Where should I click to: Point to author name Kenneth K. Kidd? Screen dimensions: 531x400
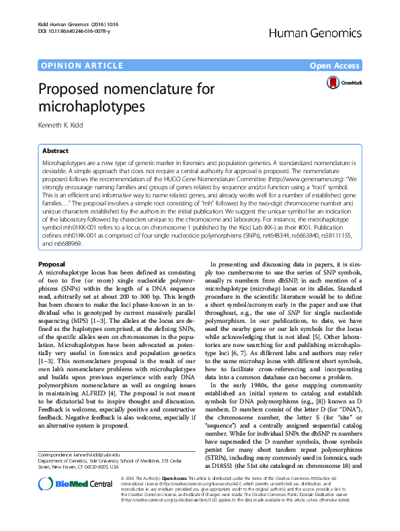point(67,125)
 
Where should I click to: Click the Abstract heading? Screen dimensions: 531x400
point(55,151)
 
